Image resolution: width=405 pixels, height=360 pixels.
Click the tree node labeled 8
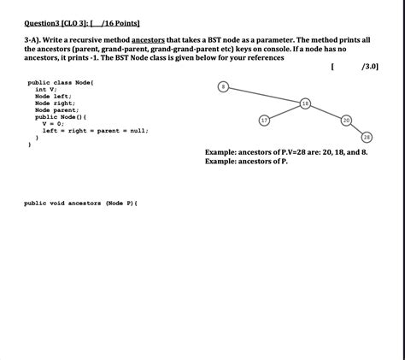[x=223, y=86]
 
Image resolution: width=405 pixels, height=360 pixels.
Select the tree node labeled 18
[x=305, y=103]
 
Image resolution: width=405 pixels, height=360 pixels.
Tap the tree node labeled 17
[x=264, y=121]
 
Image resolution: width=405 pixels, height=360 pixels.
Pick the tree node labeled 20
[x=346, y=121]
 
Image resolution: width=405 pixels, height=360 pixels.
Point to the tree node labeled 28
[x=367, y=138]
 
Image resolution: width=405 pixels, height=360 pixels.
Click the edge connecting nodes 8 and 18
[x=264, y=95]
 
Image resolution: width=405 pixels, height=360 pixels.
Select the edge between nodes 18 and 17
[x=285, y=112]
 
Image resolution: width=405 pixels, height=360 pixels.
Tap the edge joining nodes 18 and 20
[x=326, y=112]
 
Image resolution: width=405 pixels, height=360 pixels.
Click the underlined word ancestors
[x=148, y=40]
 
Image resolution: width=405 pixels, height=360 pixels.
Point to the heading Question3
[x=42, y=23]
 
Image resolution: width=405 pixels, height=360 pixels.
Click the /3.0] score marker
[x=370, y=67]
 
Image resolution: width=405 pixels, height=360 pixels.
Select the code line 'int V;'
[x=46, y=90]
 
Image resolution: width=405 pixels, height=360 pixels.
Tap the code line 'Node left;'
[x=53, y=97]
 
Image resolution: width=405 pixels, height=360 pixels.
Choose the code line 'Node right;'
[x=56, y=103]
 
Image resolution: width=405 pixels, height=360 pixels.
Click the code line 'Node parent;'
[x=57, y=110]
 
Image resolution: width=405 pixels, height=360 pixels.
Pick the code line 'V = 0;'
[x=53, y=124]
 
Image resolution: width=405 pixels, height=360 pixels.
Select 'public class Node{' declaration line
[x=61, y=83]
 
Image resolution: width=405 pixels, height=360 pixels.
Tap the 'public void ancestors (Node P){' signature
[x=81, y=204]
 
